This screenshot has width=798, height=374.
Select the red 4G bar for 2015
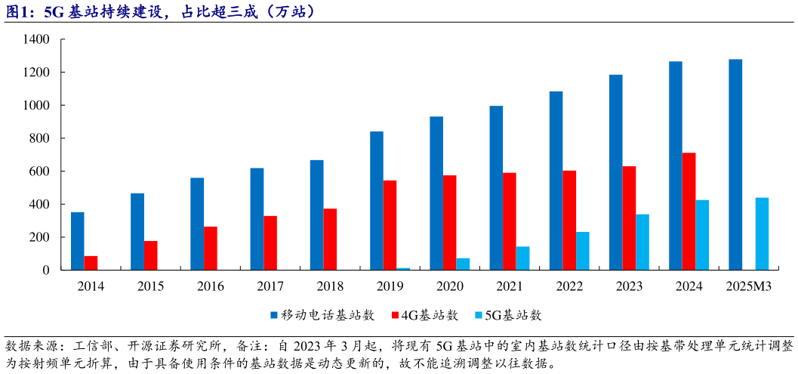pos(151,255)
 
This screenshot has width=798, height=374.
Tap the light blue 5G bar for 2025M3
pos(762,233)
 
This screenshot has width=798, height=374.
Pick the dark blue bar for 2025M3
pos(735,165)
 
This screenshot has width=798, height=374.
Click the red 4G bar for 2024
pos(689,212)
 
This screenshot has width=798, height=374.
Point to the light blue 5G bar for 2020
pos(463,264)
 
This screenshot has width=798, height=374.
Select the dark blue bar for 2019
pos(376,201)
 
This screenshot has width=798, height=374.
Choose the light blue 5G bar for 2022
pos(583,251)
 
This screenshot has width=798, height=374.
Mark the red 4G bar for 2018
pos(330,240)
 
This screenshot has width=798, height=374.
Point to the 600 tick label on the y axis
pos(39,172)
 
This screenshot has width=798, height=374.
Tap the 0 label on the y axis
pos(47,270)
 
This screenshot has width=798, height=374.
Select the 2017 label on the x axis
pos(270,286)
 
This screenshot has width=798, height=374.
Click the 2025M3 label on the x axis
pos(748,286)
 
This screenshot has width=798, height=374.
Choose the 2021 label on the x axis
pos(509,286)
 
